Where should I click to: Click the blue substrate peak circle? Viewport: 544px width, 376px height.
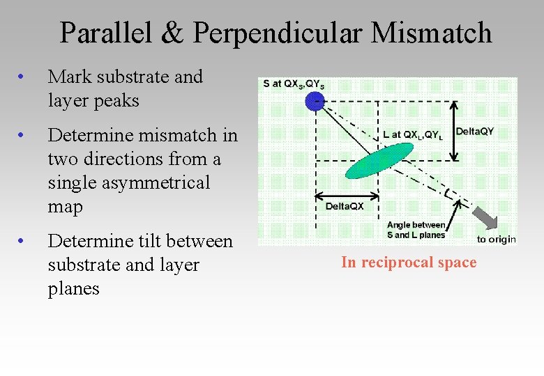tap(316, 102)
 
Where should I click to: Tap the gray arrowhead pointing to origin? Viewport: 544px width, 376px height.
tap(488, 221)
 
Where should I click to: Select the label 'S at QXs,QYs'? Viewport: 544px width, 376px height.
tap(294, 84)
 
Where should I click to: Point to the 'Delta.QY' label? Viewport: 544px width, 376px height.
tap(474, 131)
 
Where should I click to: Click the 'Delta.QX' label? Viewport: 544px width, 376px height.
tap(345, 206)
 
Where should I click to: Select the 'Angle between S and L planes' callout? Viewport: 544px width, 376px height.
tap(416, 229)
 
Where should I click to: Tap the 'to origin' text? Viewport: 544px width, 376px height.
tap(496, 239)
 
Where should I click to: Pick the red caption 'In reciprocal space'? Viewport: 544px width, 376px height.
tap(409, 263)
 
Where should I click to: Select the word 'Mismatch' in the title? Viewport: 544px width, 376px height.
tap(432, 33)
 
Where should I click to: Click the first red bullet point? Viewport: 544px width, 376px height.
tap(23, 77)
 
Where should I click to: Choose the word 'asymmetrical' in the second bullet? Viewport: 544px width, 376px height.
tap(129, 182)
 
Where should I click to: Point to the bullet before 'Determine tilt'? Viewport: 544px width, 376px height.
tap(23, 241)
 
